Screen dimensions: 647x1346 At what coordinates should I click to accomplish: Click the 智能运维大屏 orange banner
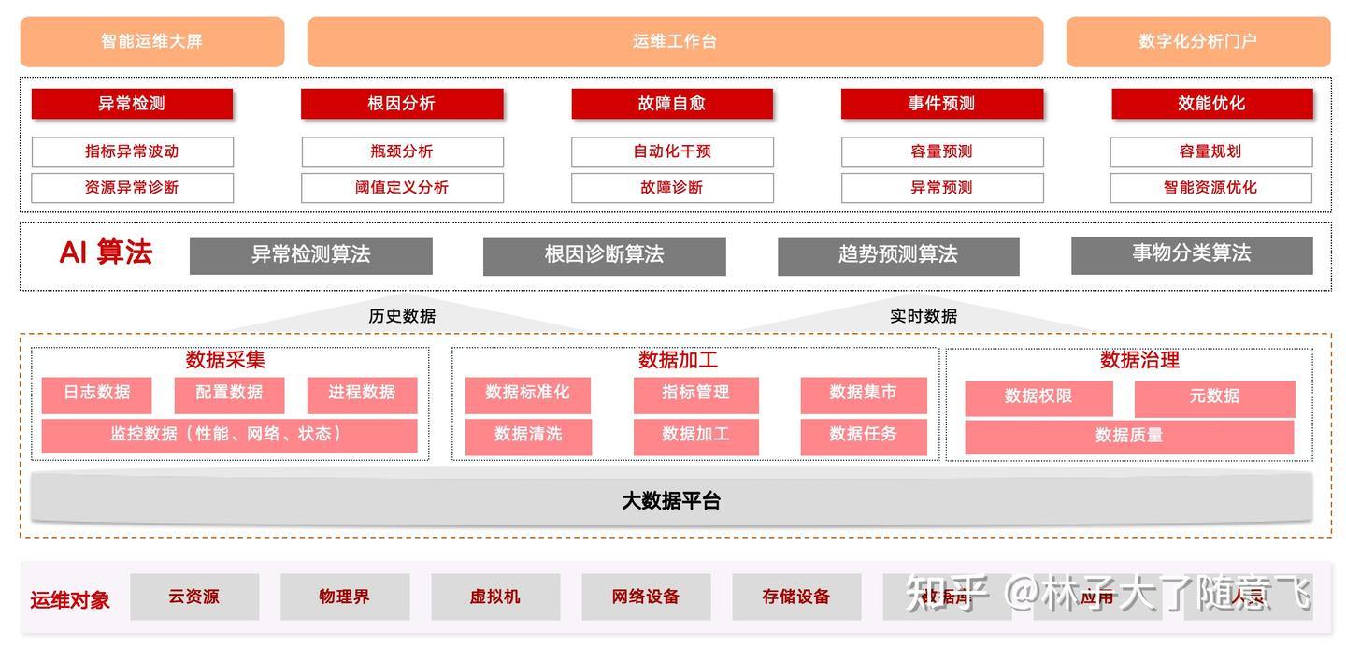[151, 41]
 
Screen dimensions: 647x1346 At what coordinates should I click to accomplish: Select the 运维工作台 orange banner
[675, 41]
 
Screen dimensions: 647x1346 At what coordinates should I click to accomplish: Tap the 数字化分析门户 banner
[1197, 41]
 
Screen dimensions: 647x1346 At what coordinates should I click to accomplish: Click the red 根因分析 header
[402, 104]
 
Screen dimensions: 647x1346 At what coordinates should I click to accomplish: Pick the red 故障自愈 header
[672, 104]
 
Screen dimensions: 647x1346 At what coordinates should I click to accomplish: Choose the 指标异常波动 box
[132, 151]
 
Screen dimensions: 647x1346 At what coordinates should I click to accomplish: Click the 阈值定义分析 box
[402, 187]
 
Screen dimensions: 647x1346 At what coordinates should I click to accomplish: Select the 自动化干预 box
[672, 151]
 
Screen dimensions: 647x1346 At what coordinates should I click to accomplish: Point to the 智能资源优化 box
[1210, 187]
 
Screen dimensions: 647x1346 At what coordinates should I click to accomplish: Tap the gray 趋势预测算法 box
[898, 255]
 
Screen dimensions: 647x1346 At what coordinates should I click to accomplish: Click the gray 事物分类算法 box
[1192, 254]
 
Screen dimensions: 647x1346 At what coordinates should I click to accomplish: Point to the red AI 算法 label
[106, 253]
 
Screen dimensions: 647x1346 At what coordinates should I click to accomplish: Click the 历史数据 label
[402, 316]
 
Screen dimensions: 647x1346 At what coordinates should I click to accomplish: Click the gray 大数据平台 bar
[671, 500]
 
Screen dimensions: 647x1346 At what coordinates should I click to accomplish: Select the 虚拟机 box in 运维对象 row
[495, 597]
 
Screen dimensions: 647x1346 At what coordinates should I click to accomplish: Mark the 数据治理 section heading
[1139, 360]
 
